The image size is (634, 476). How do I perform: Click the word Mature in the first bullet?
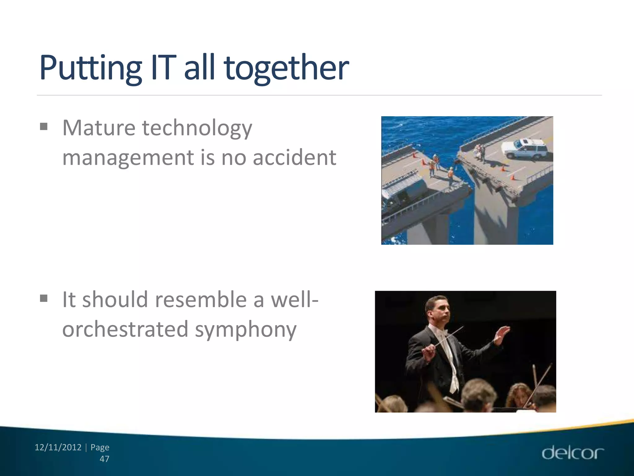click(x=99, y=128)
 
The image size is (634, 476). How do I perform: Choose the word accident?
click(x=294, y=157)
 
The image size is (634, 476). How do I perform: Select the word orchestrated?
click(x=125, y=329)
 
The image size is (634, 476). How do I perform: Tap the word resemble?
click(x=201, y=300)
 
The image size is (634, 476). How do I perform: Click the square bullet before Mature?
click(x=44, y=126)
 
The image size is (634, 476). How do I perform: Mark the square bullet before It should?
click(x=44, y=298)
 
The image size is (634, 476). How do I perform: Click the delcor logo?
click(x=572, y=453)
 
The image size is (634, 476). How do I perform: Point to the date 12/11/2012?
click(x=58, y=447)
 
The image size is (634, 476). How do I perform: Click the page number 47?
click(x=104, y=459)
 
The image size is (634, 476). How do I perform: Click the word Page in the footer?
click(x=100, y=447)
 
